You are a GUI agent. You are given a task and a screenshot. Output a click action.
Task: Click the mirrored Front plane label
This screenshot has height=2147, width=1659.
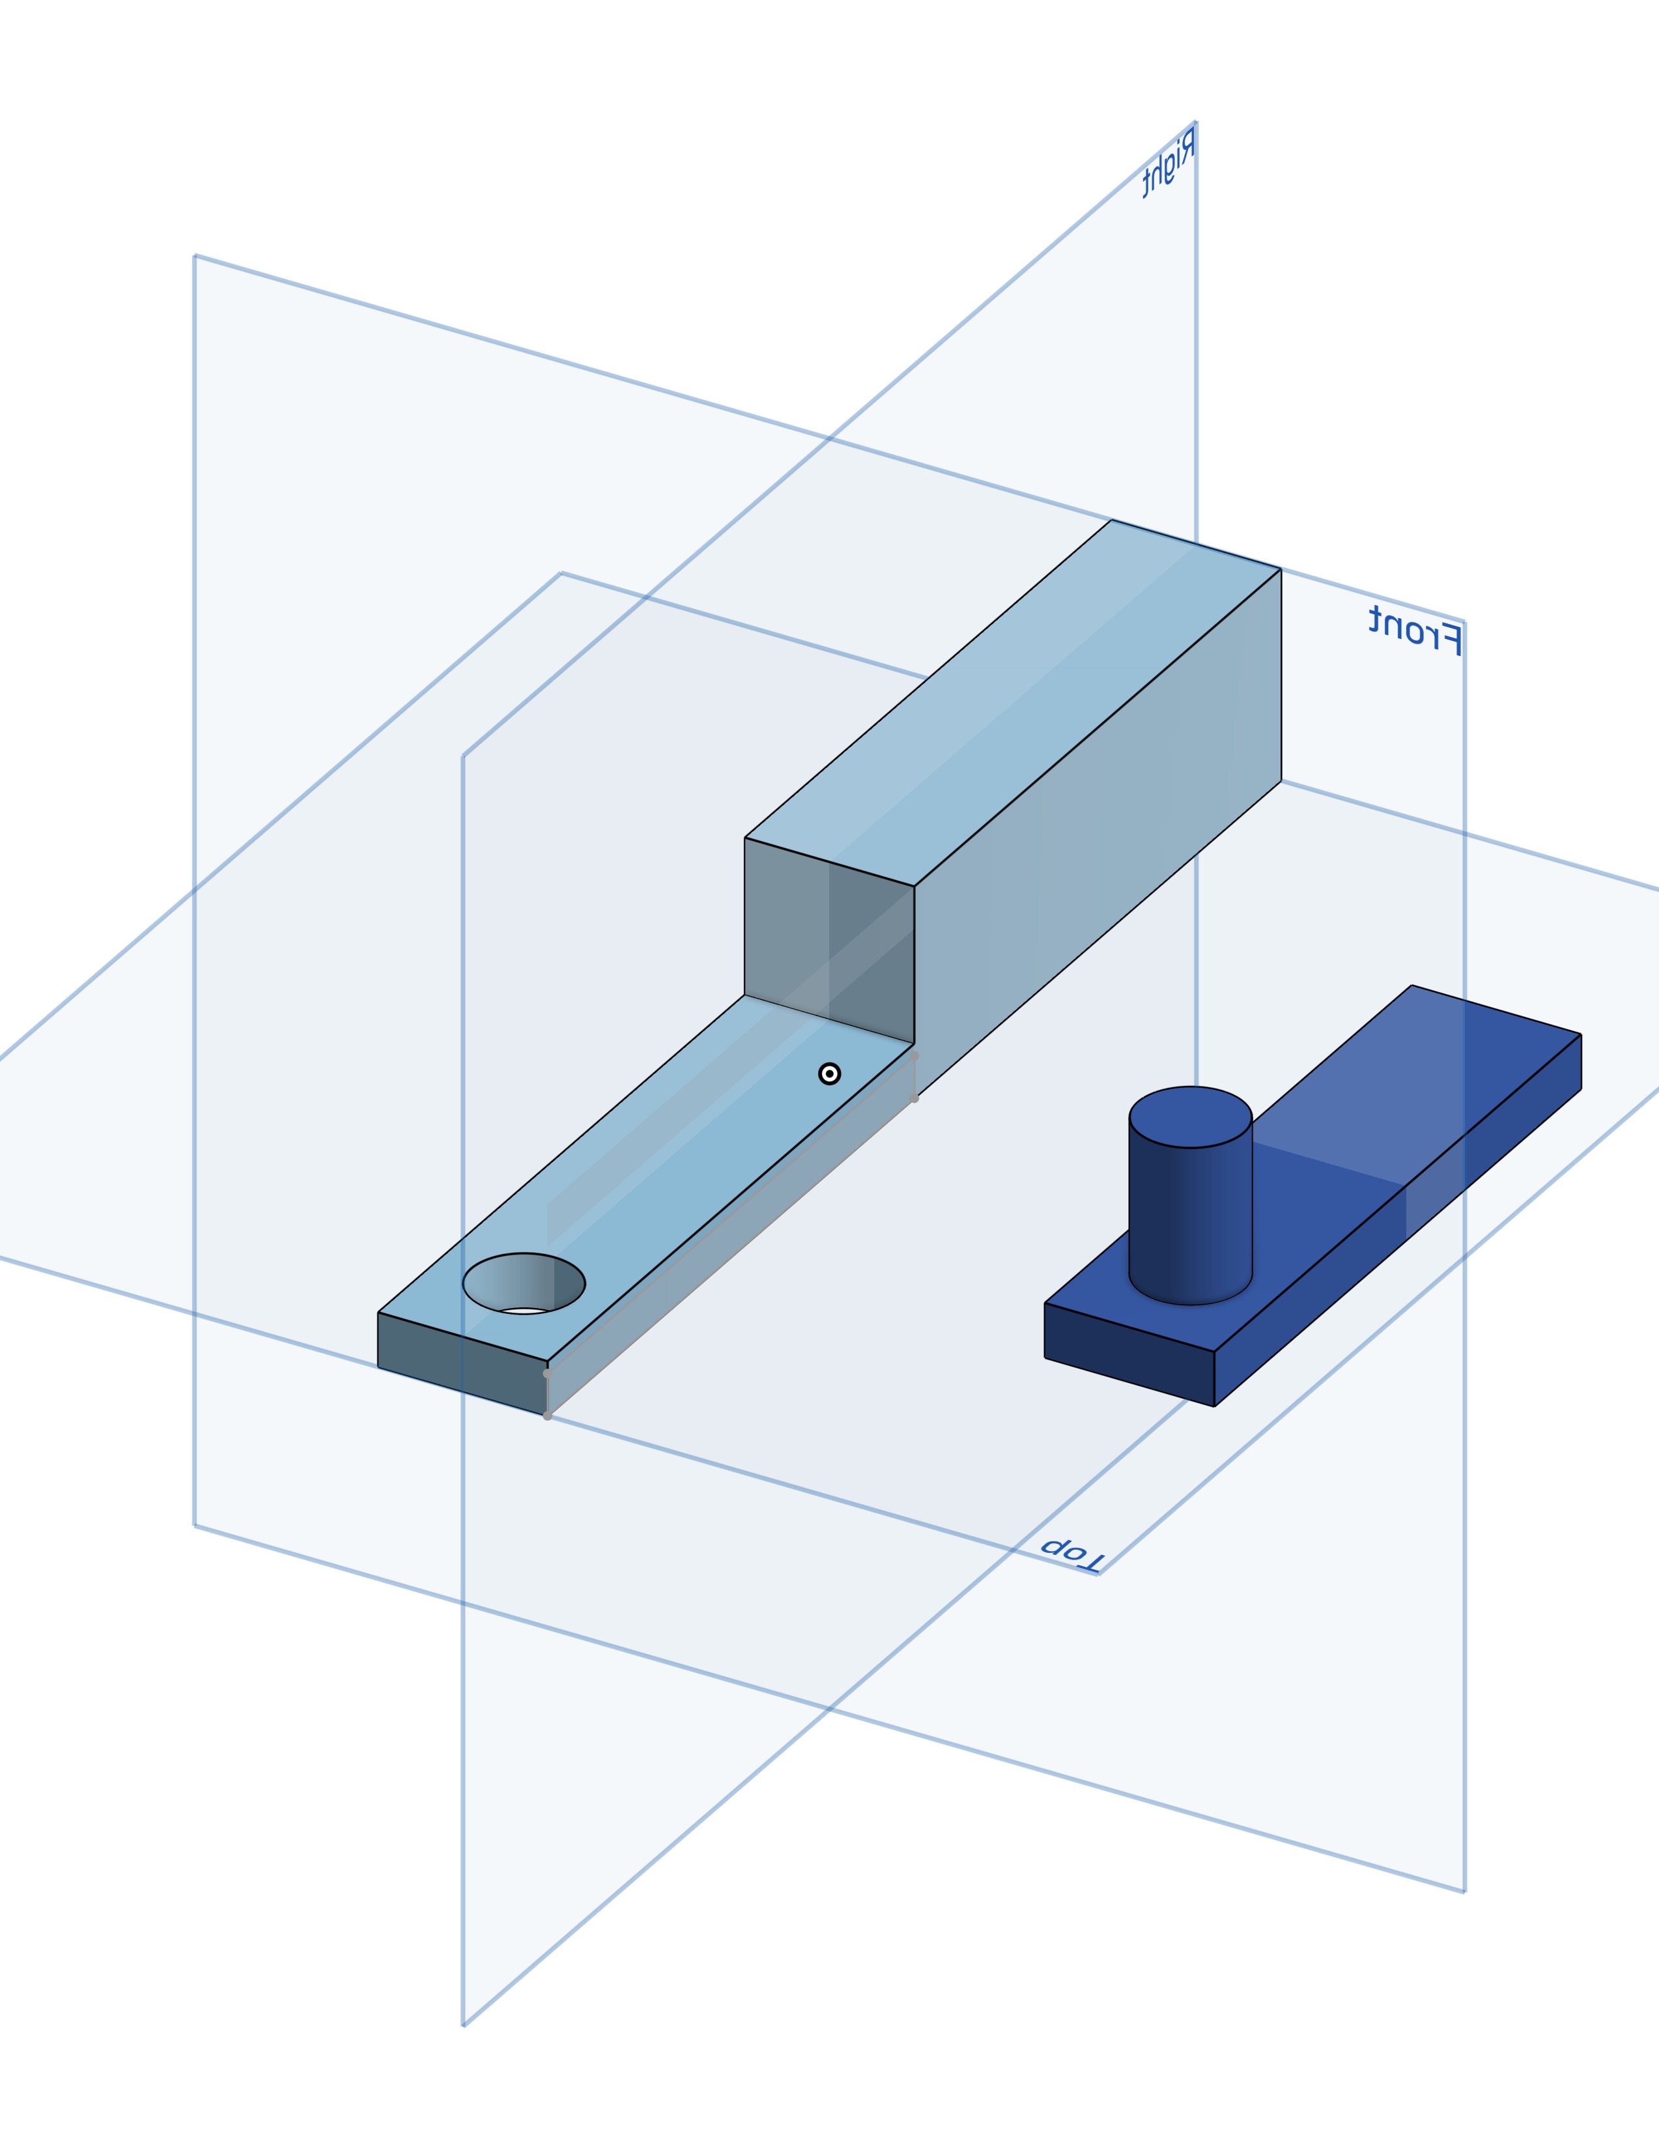[x=1415, y=629]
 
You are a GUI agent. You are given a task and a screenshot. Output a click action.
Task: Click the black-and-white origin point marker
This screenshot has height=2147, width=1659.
[x=830, y=1073]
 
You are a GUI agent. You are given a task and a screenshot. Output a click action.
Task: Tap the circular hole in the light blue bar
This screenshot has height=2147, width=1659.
[x=524, y=1283]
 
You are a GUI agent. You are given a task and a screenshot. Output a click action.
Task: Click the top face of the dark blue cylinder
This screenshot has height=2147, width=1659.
[x=1190, y=1116]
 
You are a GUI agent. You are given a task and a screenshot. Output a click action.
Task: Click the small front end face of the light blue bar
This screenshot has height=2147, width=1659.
[x=462, y=1363]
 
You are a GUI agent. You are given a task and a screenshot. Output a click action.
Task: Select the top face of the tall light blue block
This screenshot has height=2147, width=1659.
[x=1012, y=703]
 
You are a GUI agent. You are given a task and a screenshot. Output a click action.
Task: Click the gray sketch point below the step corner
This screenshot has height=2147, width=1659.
[x=914, y=1098]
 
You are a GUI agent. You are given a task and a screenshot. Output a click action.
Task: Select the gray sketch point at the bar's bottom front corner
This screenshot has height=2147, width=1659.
[x=547, y=1415]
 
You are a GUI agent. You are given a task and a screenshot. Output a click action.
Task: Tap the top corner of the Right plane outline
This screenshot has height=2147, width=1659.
[x=1195, y=122]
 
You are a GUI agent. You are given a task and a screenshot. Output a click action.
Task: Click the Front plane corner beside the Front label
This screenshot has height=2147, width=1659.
[x=1464, y=621]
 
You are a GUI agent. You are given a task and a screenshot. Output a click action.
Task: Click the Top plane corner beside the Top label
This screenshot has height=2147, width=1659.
[x=1098, y=1574]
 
